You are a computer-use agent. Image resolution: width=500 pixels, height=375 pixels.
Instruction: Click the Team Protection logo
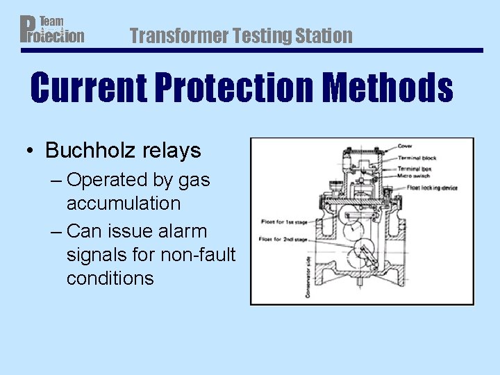[x=52, y=29]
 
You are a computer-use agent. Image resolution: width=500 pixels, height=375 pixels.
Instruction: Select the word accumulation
[x=124, y=203]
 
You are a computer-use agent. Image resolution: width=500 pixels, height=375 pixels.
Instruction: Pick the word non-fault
[x=198, y=254]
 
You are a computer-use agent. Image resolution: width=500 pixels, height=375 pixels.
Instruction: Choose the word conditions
[x=110, y=278]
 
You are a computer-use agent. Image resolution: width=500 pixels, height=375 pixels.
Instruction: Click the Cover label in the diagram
[x=406, y=147]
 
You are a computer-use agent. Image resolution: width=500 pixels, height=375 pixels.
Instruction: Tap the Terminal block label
[x=417, y=158]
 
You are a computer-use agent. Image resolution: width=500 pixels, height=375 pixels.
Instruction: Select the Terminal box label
[x=415, y=168]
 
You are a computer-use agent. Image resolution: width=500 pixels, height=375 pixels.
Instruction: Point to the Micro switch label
[x=415, y=177]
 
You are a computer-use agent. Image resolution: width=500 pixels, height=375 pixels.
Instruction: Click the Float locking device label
[x=432, y=187]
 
